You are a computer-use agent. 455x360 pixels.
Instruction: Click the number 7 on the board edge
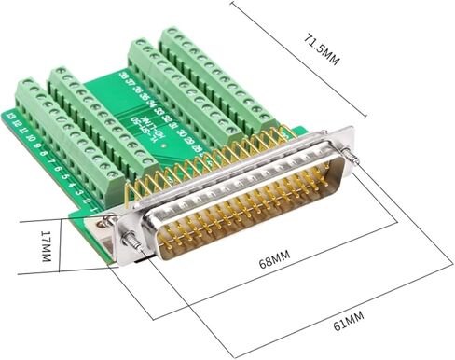point(52,159)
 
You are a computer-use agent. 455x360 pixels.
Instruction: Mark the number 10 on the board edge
point(31,137)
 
